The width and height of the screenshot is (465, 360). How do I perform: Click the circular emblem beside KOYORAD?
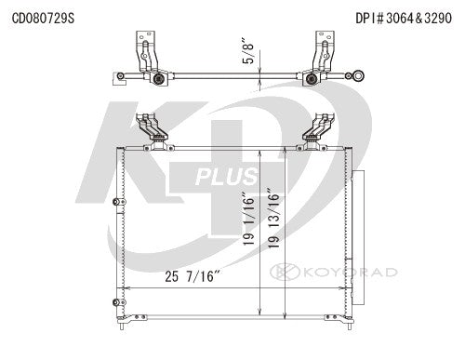tap(280, 272)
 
